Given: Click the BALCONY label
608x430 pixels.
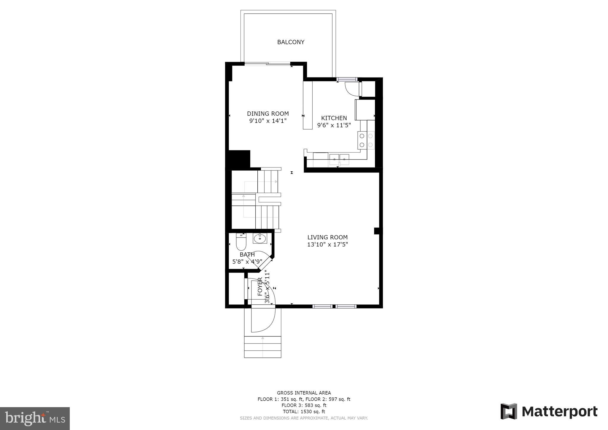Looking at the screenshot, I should click(x=291, y=42).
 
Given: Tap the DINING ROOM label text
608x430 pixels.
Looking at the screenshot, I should click(x=268, y=113).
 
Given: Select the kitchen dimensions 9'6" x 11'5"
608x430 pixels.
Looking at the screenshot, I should click(x=334, y=125).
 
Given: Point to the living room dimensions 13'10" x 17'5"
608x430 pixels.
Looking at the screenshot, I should click(x=327, y=244).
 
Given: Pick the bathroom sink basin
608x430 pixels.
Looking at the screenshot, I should click(x=260, y=238).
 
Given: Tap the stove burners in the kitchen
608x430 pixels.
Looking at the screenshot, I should click(x=366, y=140).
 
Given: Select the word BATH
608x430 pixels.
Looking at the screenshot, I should click(x=247, y=254).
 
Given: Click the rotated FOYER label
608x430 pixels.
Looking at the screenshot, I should click(x=260, y=287).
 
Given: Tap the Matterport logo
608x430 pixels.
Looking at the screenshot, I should click(x=549, y=411).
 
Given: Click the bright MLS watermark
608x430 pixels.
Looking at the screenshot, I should click(x=35, y=418).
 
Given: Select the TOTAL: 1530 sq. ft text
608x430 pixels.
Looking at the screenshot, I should click(x=304, y=412).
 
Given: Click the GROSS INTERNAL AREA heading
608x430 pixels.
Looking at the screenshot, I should click(x=304, y=393).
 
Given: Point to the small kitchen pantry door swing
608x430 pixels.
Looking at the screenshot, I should click(x=351, y=88).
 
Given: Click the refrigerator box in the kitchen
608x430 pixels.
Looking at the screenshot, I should click(x=365, y=110).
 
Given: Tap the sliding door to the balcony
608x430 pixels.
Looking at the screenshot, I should click(x=267, y=64).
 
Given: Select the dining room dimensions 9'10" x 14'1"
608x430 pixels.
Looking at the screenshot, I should click(x=268, y=121).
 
